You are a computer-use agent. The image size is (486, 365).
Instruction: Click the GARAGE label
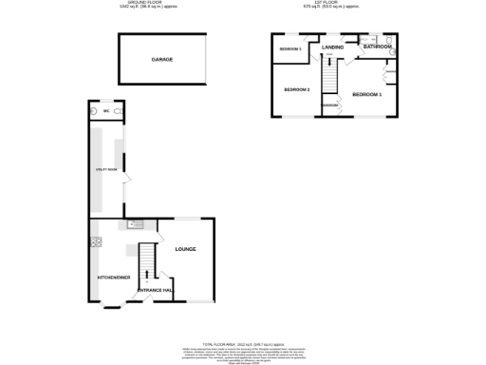point(161,59)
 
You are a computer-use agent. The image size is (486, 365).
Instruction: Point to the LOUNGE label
point(185,249)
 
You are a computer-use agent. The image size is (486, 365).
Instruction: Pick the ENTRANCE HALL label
point(155,290)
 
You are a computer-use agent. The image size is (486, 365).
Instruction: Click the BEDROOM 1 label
point(366,95)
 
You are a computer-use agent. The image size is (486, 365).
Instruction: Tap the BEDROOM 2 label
point(297,90)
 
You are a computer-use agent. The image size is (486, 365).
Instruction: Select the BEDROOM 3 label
point(290,48)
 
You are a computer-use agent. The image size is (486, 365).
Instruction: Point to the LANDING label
point(332,47)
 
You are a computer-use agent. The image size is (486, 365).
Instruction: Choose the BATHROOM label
point(377,46)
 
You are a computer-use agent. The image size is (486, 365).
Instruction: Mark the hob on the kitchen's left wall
point(95,242)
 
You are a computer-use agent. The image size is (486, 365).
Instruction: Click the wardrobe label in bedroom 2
point(330,106)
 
